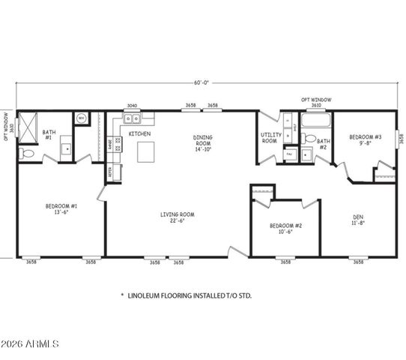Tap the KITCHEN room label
[x=139, y=133]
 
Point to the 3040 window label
[x=132, y=106]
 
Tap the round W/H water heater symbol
[x=81, y=118]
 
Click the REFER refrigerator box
[x=110, y=172]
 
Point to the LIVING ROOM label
[x=177, y=217]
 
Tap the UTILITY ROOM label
[x=270, y=138]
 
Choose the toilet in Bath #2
[x=309, y=138]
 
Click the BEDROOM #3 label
[x=366, y=140]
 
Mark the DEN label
[x=358, y=221]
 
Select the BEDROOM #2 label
[x=285, y=229]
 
